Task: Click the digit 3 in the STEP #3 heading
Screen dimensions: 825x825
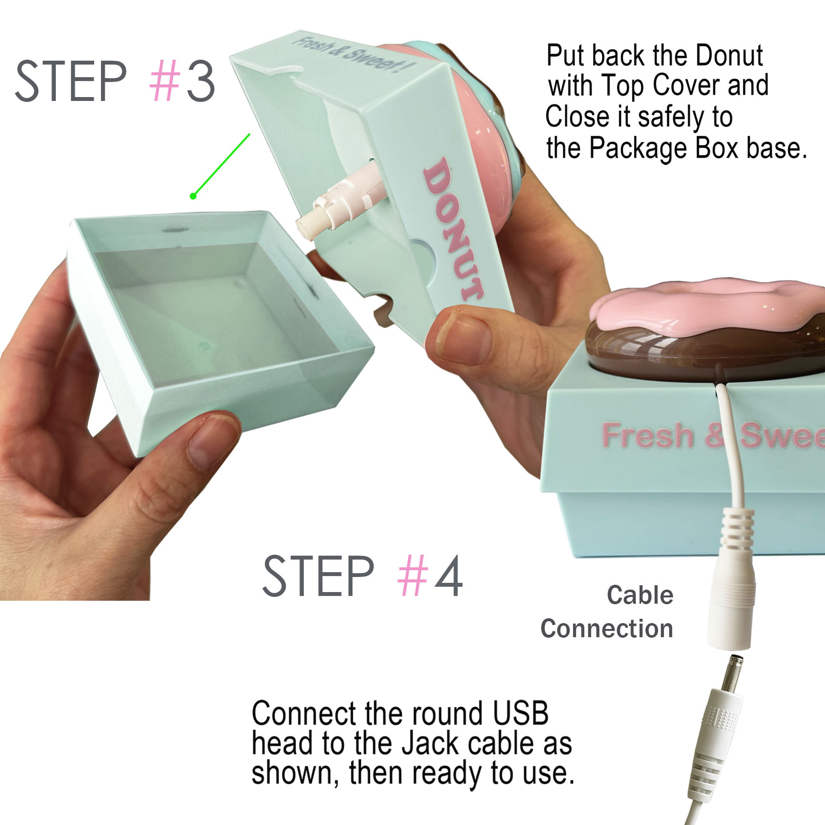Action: pyautogui.click(x=199, y=81)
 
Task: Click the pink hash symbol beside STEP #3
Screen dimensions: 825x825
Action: pyautogui.click(x=165, y=81)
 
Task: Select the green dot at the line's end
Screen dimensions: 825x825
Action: pyautogui.click(x=193, y=196)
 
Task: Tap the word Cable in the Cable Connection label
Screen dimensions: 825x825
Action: pyautogui.click(x=640, y=595)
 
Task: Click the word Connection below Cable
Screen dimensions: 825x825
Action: pyautogui.click(x=607, y=628)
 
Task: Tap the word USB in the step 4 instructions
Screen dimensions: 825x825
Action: pyautogui.click(x=520, y=713)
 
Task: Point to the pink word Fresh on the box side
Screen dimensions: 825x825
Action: pyautogui.click(x=647, y=435)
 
